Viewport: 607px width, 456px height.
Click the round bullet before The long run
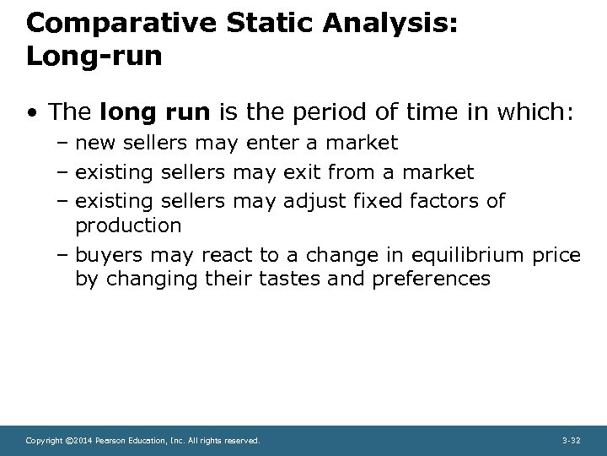tap(30, 113)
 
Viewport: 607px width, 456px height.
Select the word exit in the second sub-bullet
tap(301, 173)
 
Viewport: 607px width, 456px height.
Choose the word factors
tap(444, 201)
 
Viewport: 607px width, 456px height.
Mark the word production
tap(128, 226)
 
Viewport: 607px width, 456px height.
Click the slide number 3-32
tap(571, 441)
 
